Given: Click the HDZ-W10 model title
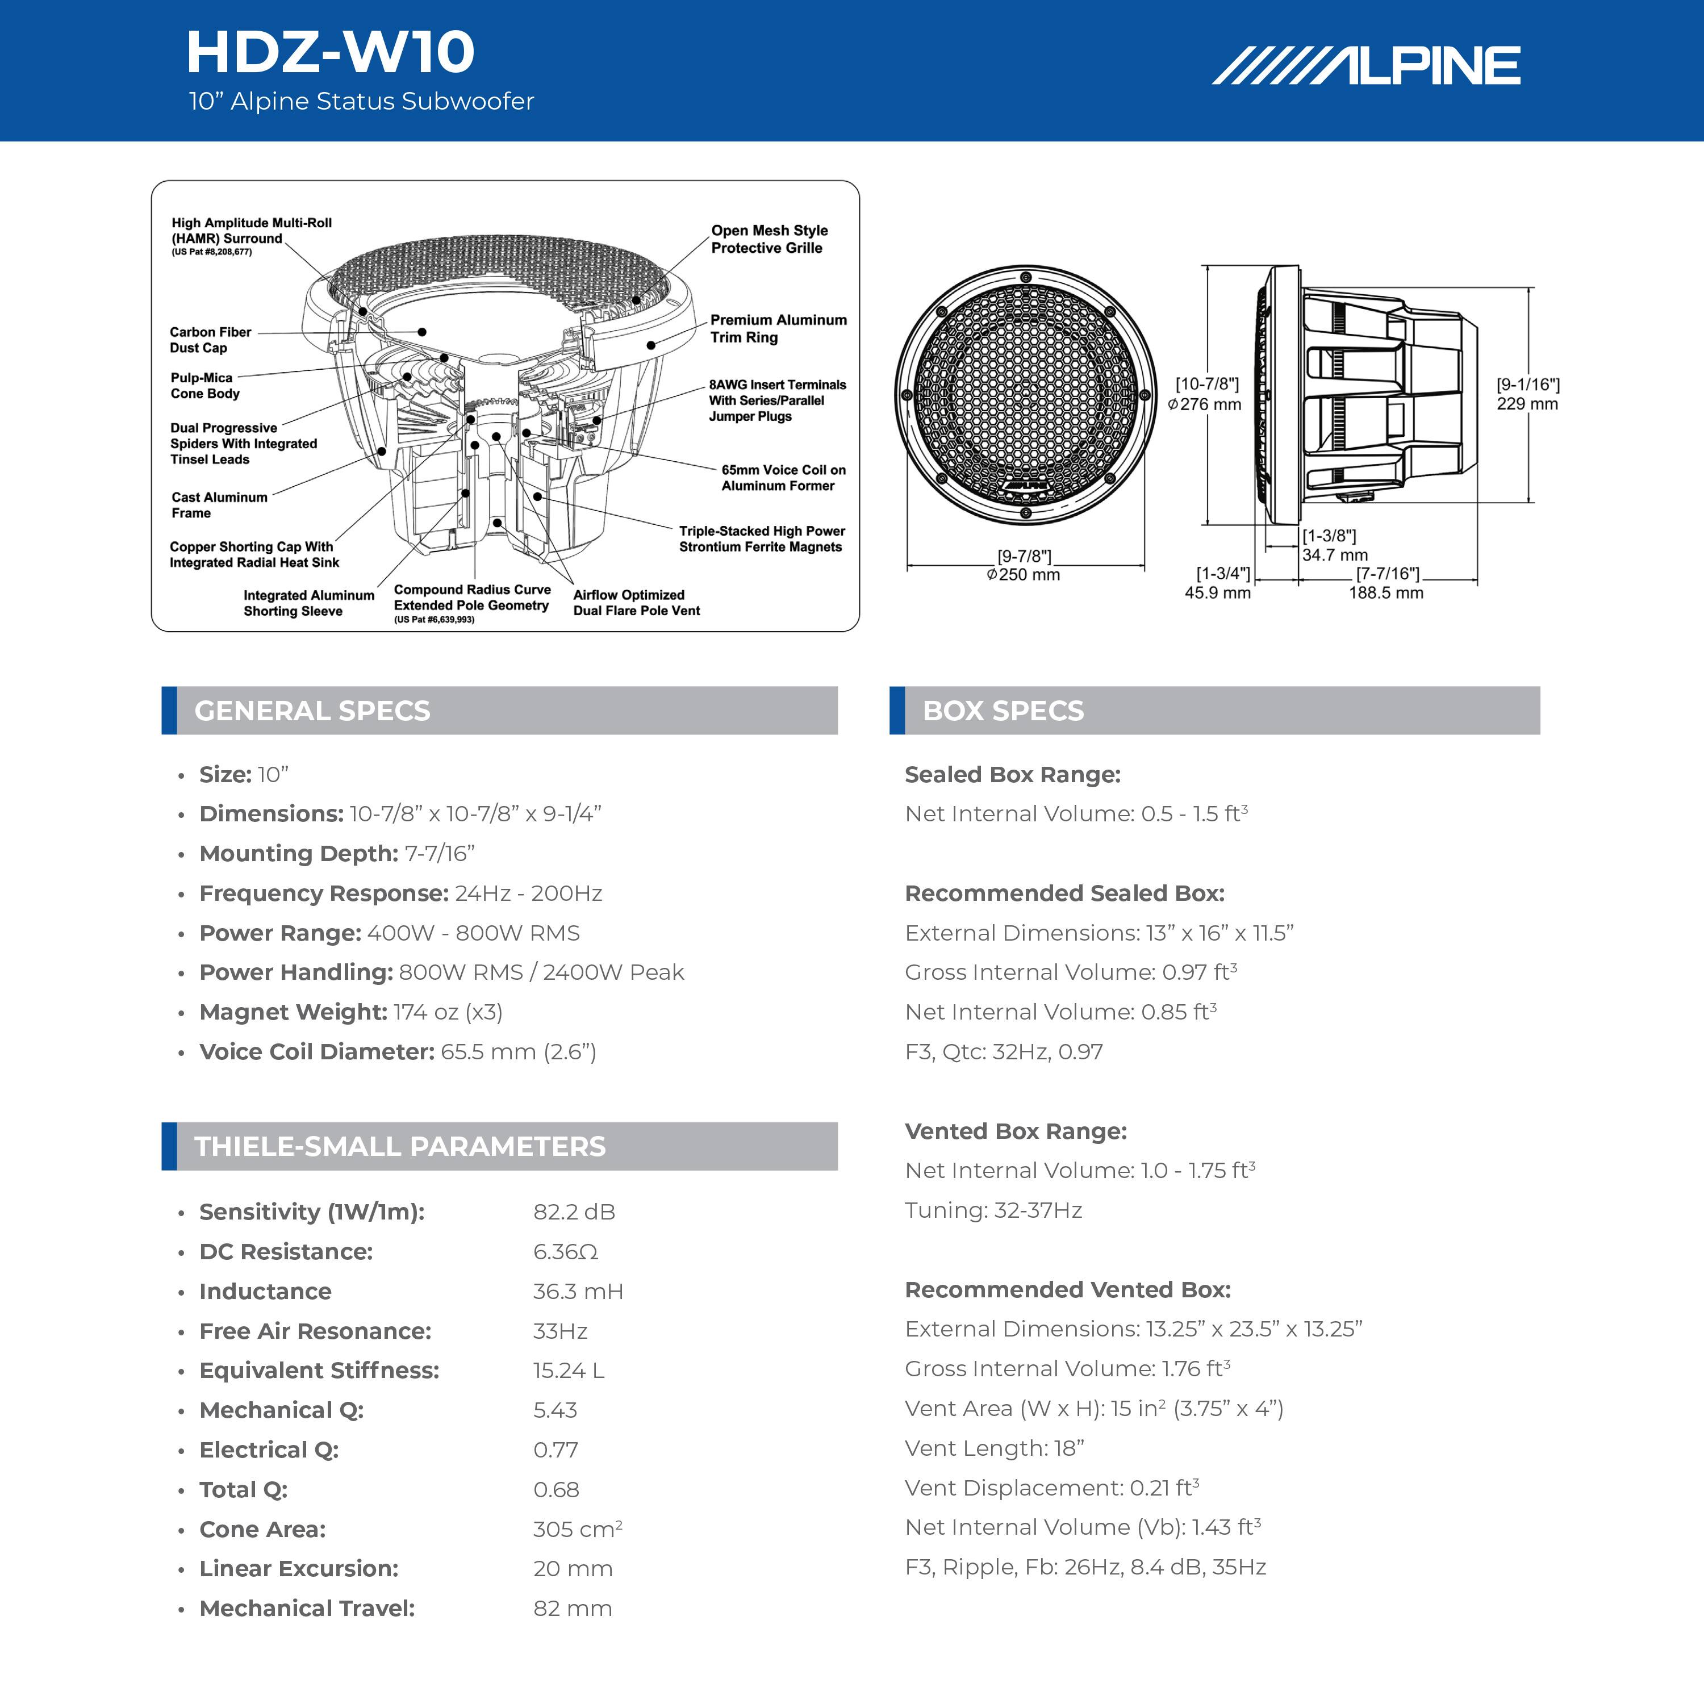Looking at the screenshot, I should point(331,52).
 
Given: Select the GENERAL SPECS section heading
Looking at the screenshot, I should point(312,711).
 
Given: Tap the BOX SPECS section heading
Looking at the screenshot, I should point(1003,711).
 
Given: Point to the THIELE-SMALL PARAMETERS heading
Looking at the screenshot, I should point(399,1147).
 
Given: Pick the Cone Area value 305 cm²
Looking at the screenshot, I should point(578,1530).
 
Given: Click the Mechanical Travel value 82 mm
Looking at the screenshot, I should point(573,1609).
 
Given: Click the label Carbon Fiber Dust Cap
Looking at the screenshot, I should point(210,340).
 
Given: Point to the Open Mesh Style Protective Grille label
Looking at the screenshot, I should point(769,239).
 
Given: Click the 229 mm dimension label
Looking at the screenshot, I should point(1527,404).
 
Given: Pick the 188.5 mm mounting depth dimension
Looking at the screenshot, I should point(1385,592).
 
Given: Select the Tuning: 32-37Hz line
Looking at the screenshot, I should point(993,1210).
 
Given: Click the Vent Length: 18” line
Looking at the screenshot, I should point(994,1448).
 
